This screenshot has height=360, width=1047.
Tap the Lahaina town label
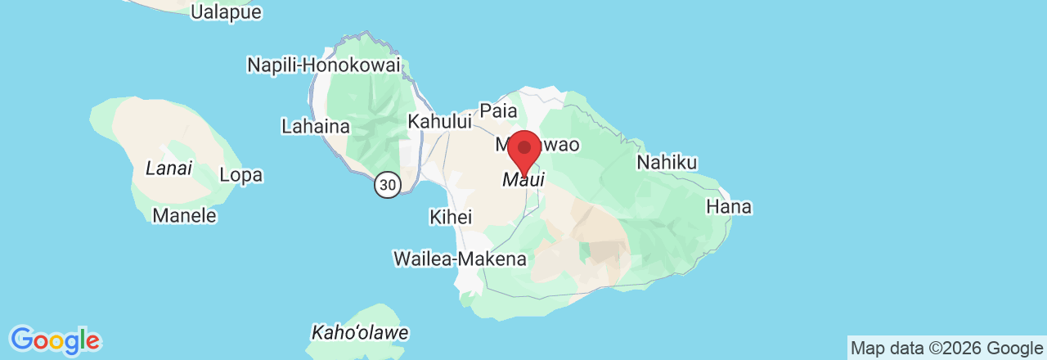[x=315, y=127]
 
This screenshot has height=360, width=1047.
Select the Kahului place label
[x=440, y=121]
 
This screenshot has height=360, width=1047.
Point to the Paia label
[x=498, y=110]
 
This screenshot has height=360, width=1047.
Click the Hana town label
[x=728, y=207]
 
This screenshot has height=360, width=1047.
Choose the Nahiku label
[x=667, y=163]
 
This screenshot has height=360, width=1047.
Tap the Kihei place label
[x=451, y=217]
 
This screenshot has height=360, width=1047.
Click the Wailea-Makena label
[x=460, y=259]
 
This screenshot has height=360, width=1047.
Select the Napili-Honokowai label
[x=324, y=65]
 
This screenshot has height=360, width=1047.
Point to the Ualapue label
[x=226, y=11]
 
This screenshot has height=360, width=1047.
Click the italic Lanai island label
[x=169, y=169]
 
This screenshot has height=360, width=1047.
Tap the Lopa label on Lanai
[x=241, y=175]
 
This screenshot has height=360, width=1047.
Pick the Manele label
[x=185, y=216]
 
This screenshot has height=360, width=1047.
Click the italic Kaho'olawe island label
[x=360, y=333]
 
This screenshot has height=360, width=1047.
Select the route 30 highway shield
[x=388, y=186]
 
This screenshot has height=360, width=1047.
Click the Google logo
[x=55, y=340]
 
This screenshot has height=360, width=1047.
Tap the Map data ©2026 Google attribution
[x=946, y=349]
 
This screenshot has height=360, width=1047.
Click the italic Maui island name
[x=523, y=179]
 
